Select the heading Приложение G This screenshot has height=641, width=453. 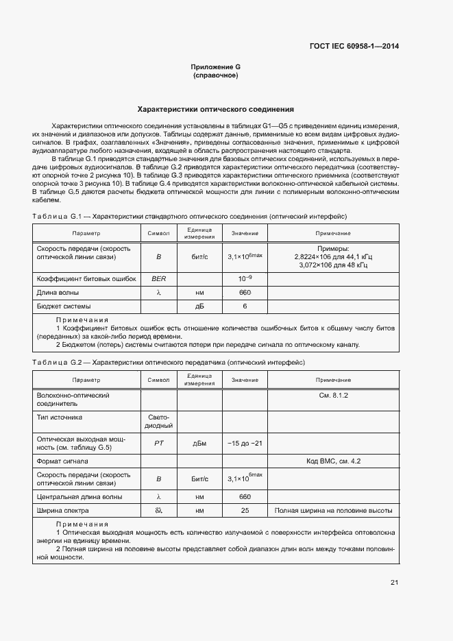pyautogui.click(x=215, y=67)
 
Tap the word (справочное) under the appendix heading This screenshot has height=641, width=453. pyautogui.click(x=215, y=75)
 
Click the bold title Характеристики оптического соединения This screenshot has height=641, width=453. pyautogui.click(x=216, y=109)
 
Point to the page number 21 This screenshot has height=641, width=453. pyautogui.click(x=394, y=583)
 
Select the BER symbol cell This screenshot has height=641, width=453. pyautogui.click(x=159, y=279)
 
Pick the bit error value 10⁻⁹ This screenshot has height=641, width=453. pyautogui.click(x=245, y=279)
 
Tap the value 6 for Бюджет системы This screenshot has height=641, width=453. pyautogui.click(x=245, y=306)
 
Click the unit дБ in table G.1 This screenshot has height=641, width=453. pyautogui.click(x=200, y=306)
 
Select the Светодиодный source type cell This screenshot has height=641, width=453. pyautogui.click(x=159, y=421)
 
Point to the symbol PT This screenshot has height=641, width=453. pyautogui.click(x=159, y=444)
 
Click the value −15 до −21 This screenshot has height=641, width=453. pyautogui.click(x=245, y=444)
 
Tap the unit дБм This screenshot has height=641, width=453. pyautogui.click(x=200, y=444)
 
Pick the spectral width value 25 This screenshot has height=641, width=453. pyautogui.click(x=245, y=511)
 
